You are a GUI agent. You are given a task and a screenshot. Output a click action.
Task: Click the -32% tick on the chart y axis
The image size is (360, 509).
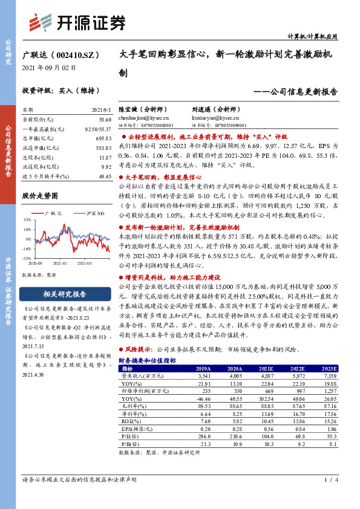[x=27, y=258]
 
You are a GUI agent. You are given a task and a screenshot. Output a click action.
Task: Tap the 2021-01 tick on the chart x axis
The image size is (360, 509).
[x=59, y=263]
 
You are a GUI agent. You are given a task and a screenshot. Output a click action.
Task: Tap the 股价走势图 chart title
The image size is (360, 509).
[x=40, y=196]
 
